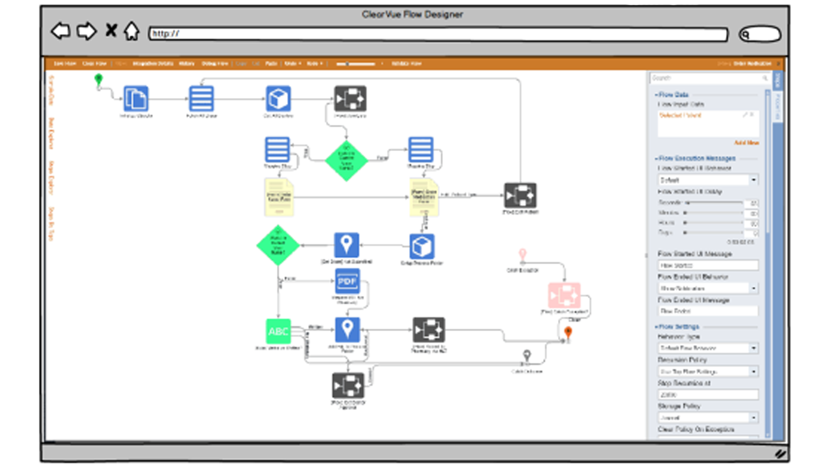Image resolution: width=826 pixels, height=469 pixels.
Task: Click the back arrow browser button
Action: tap(60, 31)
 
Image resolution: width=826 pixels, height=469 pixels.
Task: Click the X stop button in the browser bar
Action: tap(111, 31)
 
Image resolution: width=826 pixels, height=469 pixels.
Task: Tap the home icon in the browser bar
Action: tap(131, 31)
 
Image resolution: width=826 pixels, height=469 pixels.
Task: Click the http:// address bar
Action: tap(439, 34)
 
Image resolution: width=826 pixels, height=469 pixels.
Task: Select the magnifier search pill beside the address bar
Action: tap(760, 34)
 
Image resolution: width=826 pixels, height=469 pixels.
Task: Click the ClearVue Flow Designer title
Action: tap(412, 15)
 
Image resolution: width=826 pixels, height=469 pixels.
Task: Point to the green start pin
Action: tap(98, 79)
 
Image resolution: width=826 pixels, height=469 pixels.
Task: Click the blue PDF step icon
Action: tap(347, 281)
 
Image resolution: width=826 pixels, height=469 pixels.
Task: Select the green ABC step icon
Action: tap(278, 332)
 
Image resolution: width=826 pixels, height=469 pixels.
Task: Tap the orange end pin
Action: tap(568, 332)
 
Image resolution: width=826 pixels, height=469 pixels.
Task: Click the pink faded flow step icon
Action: tap(564, 295)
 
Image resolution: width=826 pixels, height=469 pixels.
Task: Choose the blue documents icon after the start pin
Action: tap(135, 98)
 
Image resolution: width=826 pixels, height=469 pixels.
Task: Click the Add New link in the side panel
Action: tap(746, 143)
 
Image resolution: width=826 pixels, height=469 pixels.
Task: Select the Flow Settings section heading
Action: tap(678, 327)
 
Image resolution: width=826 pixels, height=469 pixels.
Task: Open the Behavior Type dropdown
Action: tap(708, 348)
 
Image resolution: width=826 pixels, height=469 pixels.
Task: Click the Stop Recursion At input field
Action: tap(708, 394)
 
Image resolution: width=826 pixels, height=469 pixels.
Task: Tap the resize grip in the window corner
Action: tap(780, 454)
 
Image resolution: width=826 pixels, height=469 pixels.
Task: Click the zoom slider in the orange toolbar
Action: tap(356, 64)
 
